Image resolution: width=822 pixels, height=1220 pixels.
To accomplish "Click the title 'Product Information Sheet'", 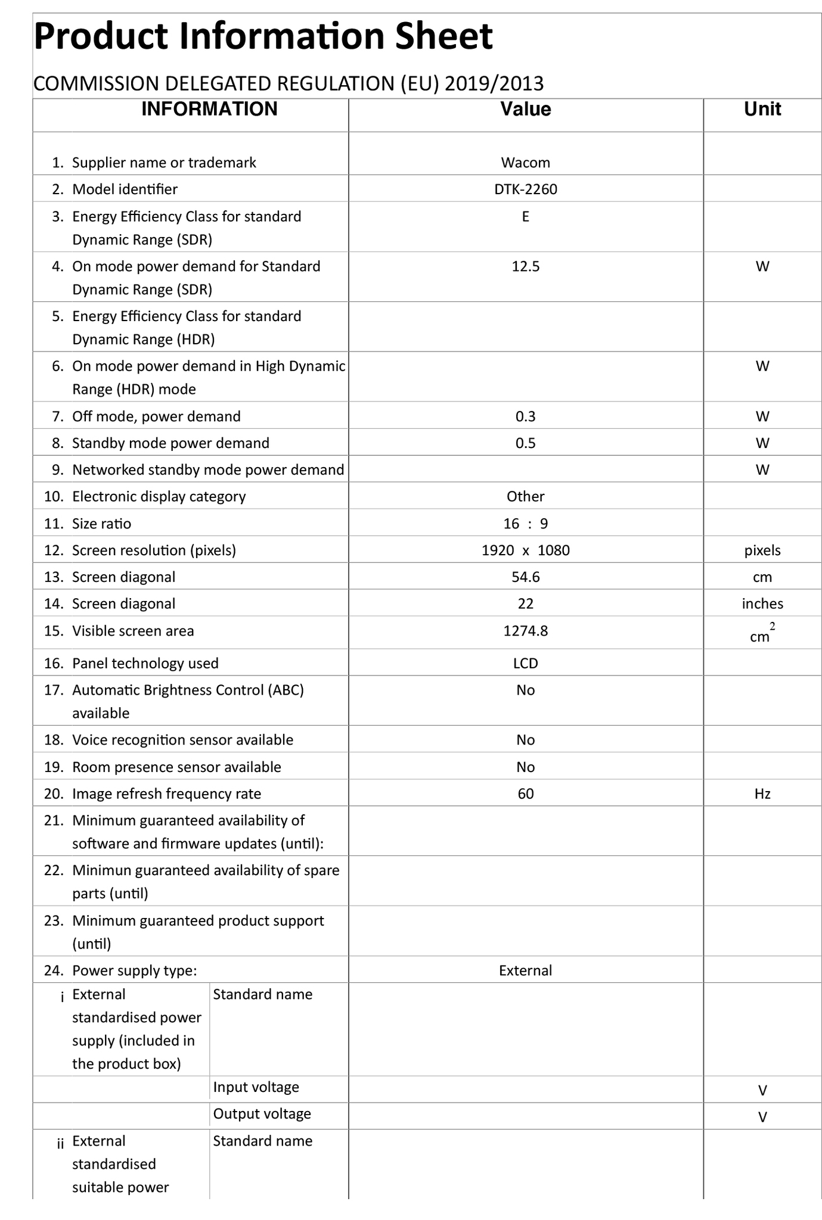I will tap(263, 36).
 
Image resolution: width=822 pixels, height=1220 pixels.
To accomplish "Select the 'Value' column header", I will tap(525, 109).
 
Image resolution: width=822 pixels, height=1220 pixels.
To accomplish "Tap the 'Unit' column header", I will tap(762, 109).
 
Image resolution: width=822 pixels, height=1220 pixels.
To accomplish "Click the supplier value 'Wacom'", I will tap(525, 163).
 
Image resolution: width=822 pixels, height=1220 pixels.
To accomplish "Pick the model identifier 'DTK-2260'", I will tap(525, 189).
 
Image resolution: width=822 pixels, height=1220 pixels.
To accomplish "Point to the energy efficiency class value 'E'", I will tap(525, 216).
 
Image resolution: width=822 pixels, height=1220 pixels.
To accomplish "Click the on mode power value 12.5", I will tap(525, 266).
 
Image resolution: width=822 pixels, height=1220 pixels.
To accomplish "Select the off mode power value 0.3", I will tap(525, 416).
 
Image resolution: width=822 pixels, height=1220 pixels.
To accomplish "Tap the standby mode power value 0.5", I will tap(525, 443).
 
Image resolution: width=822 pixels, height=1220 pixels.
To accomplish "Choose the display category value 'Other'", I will tap(525, 497).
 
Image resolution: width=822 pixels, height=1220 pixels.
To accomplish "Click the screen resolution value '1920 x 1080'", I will tap(525, 550).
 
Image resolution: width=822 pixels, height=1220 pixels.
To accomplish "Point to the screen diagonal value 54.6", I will tap(525, 577).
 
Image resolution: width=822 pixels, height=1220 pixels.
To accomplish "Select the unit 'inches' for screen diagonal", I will tap(762, 604).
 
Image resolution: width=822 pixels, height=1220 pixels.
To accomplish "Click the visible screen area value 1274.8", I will tap(525, 631).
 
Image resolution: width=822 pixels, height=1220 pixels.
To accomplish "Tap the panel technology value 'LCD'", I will tap(525, 664).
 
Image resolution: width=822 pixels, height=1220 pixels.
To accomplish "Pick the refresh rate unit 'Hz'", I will tap(762, 794).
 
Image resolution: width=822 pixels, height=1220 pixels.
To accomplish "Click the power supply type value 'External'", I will tap(525, 971).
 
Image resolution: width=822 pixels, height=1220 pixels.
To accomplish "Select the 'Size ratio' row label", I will tap(101, 524).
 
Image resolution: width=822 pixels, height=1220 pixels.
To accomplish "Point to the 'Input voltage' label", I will tap(256, 1087).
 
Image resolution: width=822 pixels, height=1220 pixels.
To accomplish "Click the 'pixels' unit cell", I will tap(762, 550).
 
